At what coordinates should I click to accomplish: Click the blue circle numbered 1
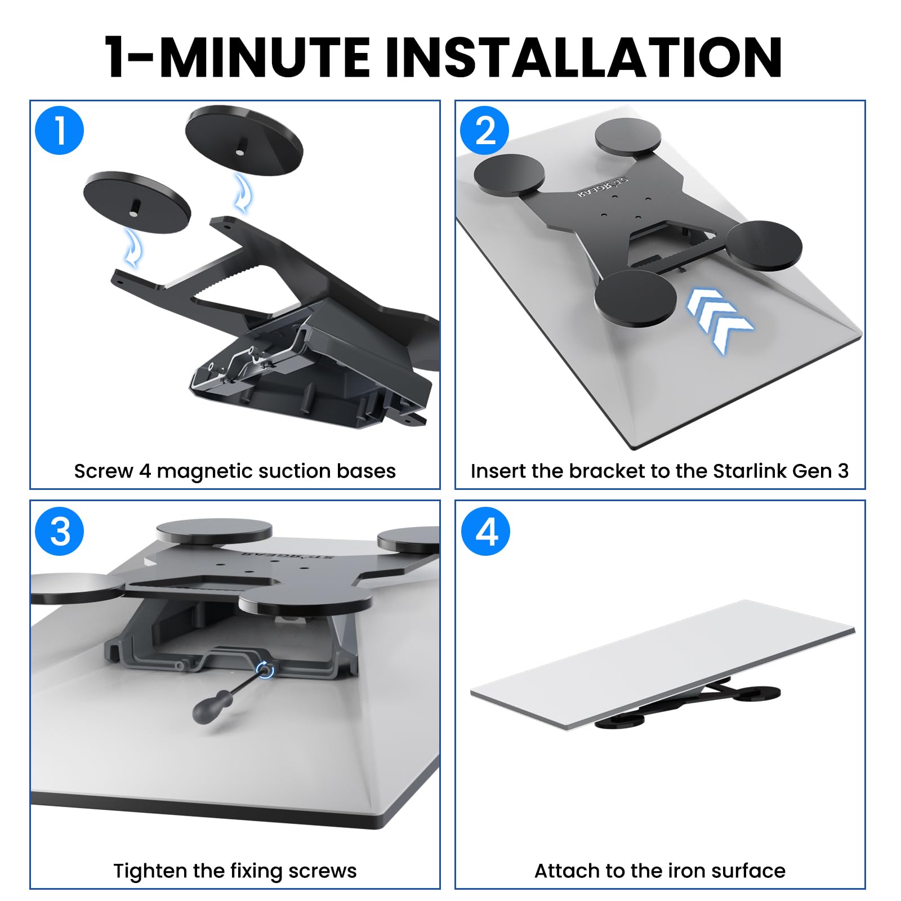[59, 130]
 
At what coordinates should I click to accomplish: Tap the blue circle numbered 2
[484, 130]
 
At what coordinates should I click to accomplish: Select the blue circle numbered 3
[59, 531]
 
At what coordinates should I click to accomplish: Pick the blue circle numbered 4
[485, 531]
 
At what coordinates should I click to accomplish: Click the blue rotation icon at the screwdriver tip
[265, 670]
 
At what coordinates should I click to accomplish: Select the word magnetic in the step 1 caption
[194, 471]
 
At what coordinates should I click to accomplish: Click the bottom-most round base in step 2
[635, 298]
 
